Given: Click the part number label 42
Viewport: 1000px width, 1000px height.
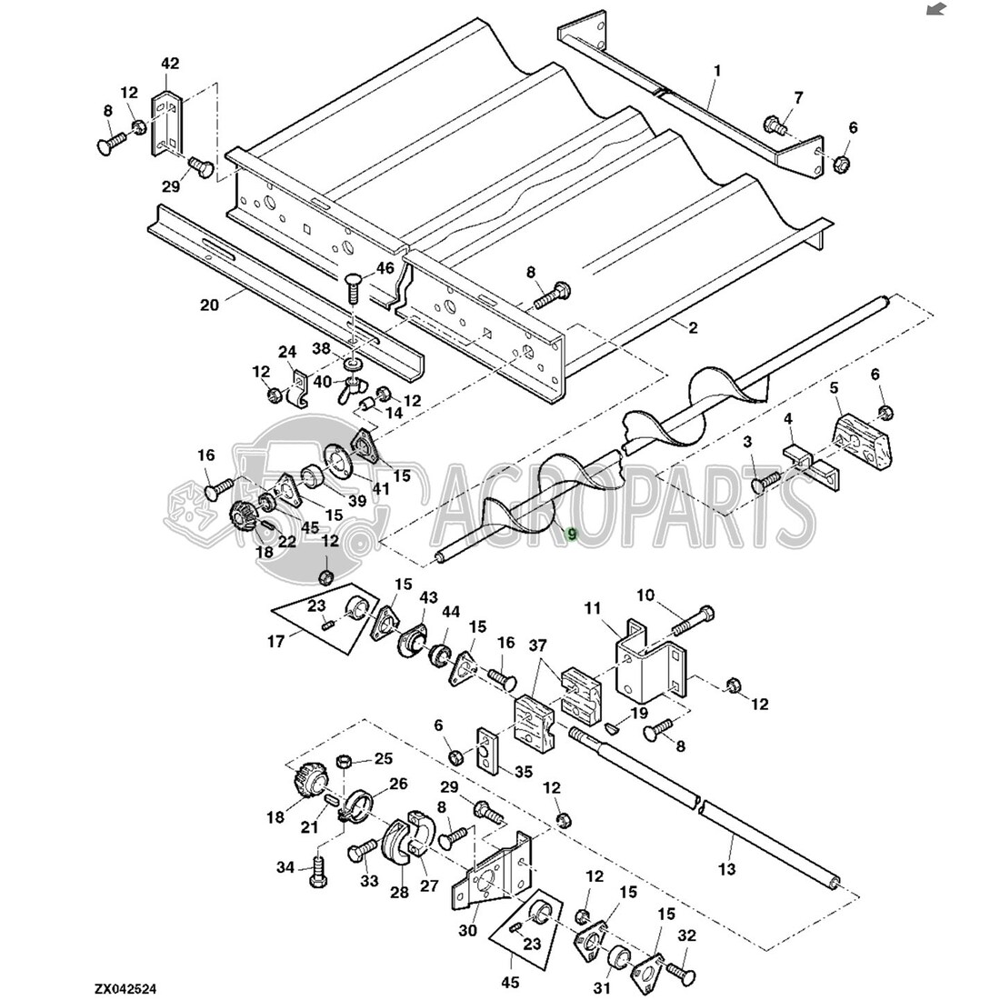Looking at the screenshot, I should tap(170, 64).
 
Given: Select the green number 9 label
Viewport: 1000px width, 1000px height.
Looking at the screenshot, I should tap(571, 534).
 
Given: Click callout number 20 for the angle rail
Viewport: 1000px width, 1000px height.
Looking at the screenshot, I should tap(209, 305).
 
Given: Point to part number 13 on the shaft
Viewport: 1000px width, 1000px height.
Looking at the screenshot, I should tap(726, 870).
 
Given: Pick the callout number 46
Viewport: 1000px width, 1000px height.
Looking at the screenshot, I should tap(385, 268).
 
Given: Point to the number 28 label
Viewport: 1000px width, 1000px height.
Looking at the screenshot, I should tap(399, 892).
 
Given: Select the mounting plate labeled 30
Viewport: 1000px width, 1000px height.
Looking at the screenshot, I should tap(489, 875).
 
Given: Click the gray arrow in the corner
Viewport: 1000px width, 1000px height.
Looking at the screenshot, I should tap(935, 10).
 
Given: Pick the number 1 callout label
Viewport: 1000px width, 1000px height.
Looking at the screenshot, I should tap(717, 71).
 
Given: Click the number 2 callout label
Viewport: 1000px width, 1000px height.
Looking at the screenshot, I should tap(693, 327).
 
